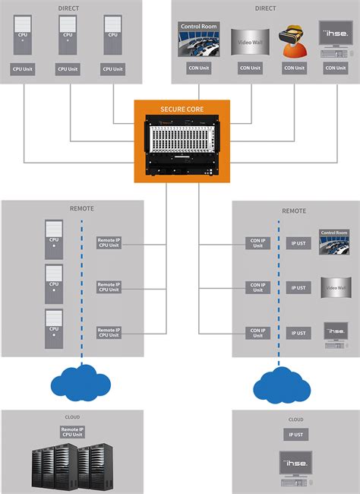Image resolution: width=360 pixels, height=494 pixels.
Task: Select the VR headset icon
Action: pos(292,42)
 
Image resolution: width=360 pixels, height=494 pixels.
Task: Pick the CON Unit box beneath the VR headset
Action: pos(293,68)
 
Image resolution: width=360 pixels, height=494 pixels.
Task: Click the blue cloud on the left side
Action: pos(81,382)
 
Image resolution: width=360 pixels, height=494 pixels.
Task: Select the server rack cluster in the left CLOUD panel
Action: pos(69,465)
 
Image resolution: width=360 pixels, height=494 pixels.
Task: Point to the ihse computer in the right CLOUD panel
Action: pos(294,470)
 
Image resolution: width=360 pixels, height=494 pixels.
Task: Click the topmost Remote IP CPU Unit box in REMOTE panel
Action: pos(109,242)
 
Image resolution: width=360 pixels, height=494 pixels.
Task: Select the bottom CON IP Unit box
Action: pos(257,332)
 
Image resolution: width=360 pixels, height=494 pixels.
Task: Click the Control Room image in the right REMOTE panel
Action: pos(335,242)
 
